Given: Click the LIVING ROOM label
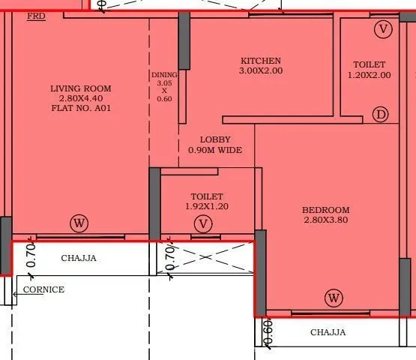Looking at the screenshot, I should (x=81, y=88).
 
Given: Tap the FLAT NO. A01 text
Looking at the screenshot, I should (x=81, y=108).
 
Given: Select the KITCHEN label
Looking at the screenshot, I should (x=261, y=61).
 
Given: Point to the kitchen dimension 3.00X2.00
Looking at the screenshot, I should (x=261, y=70).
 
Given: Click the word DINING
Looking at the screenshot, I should (x=165, y=75).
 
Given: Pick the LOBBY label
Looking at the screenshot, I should (x=215, y=139).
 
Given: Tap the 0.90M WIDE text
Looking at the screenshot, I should (x=215, y=150).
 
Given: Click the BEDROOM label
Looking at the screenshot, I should (x=326, y=210).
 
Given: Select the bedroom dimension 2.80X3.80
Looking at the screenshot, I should (x=326, y=220).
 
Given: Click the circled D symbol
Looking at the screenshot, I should (x=382, y=115).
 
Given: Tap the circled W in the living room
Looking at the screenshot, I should (x=79, y=223).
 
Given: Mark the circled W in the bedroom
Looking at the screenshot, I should (x=334, y=298).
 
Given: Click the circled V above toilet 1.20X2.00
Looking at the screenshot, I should (x=383, y=29).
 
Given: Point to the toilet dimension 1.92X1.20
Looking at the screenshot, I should (x=207, y=206).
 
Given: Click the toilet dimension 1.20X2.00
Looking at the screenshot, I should (x=369, y=75).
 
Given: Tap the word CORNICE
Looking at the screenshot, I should (x=43, y=289).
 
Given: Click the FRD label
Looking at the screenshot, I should (x=35, y=16).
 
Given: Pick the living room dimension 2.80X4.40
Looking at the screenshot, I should (x=81, y=98).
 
